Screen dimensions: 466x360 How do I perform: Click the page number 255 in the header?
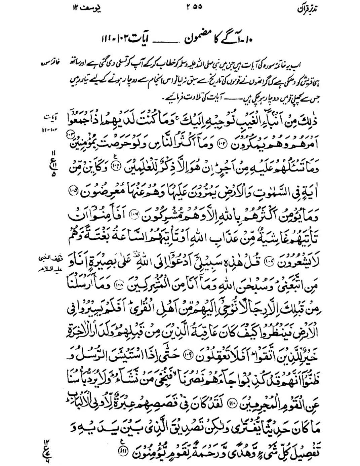pyautogui.click(x=194, y=7)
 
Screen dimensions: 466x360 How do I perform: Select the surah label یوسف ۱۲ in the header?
pyautogui.click(x=87, y=7)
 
